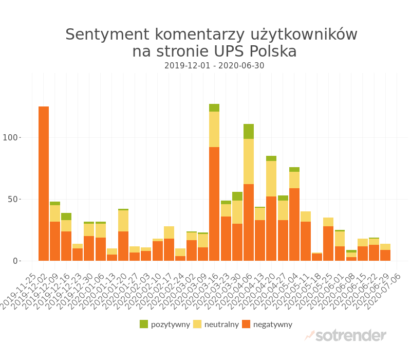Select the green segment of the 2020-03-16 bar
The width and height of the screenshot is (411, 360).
214,107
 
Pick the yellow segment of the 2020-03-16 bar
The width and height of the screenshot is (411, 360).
214,129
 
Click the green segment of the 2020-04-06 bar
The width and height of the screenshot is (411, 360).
249,131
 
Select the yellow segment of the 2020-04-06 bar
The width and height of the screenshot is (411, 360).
249,161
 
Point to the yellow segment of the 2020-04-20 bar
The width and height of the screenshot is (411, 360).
271,178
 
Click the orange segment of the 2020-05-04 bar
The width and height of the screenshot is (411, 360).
294,224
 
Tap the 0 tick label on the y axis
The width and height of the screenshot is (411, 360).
15,261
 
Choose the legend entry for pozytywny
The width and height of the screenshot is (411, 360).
165,324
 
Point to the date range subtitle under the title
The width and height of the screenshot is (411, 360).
214,66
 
